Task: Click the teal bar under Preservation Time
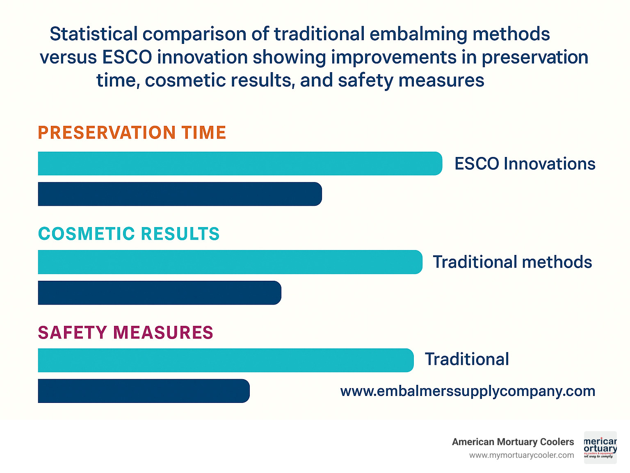coord(240,164)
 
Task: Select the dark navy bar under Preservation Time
coord(180,194)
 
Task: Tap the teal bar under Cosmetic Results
coord(230,262)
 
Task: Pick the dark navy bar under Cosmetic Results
coord(159,293)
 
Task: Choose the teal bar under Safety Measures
coord(226,360)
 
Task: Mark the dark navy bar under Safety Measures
coord(144,391)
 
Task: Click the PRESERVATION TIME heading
coord(132,133)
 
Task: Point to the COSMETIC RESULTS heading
coord(129,234)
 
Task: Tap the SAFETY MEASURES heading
coord(126,332)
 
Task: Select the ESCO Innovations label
coord(525,164)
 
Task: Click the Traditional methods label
coord(512,262)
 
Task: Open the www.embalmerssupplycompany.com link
coord(468,391)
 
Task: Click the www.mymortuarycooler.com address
coord(521,455)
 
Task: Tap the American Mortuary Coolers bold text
coord(513,442)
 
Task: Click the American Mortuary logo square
coord(600,448)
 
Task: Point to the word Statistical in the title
coord(94,34)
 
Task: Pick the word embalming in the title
coord(418,34)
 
